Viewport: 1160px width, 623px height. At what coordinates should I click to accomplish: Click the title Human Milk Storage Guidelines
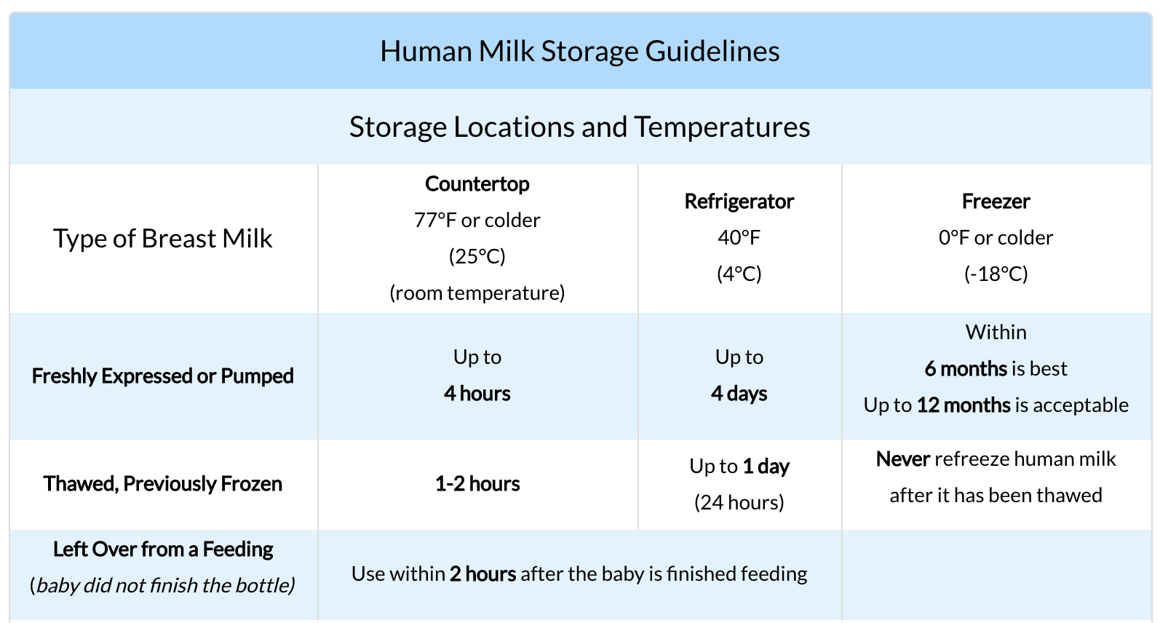point(579,51)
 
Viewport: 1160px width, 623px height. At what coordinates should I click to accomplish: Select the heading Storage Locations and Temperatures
point(579,127)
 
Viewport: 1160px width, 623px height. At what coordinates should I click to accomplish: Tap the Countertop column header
point(477,184)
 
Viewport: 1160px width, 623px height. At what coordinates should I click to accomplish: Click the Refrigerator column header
point(739,202)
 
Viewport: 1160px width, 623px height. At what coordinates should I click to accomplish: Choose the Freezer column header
point(996,202)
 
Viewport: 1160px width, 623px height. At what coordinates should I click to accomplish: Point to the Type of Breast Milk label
point(162,239)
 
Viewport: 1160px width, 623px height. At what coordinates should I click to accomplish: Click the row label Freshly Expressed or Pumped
point(162,376)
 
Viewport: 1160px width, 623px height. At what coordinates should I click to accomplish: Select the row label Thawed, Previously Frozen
point(162,484)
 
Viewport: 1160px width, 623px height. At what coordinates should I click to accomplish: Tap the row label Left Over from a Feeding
point(162,549)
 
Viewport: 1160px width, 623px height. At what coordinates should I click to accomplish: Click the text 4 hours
point(477,394)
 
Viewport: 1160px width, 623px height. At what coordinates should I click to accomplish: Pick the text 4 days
point(739,394)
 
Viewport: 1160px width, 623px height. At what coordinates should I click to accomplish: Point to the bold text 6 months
point(966,369)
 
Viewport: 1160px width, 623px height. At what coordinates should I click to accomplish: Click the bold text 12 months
point(964,405)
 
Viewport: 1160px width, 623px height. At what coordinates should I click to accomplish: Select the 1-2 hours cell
point(477,484)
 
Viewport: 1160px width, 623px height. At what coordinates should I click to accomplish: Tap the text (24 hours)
point(739,502)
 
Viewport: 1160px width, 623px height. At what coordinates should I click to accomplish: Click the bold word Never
point(903,459)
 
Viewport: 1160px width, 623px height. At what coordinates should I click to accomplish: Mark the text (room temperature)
point(477,293)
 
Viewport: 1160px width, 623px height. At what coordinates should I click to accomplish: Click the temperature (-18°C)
point(996,274)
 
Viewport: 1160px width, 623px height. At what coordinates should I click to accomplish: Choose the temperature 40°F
point(739,238)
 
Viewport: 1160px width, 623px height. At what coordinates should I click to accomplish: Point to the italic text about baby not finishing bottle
point(162,585)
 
